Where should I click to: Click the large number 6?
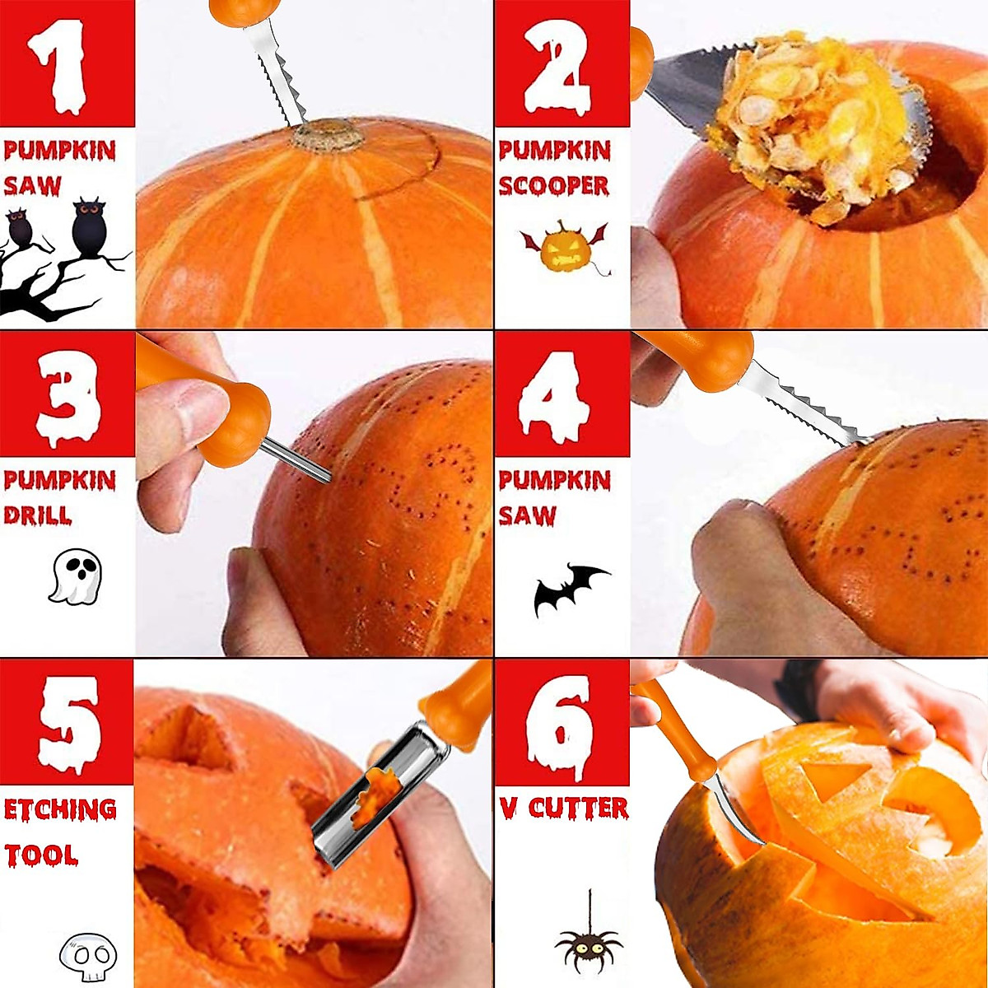(560, 725)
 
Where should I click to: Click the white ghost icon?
(75, 576)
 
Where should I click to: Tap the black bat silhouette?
(569, 588)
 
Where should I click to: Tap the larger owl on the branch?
(89, 226)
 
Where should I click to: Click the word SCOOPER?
(553, 186)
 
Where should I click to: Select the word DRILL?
(37, 516)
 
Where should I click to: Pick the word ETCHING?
(60, 810)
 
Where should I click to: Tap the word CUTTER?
(578, 808)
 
